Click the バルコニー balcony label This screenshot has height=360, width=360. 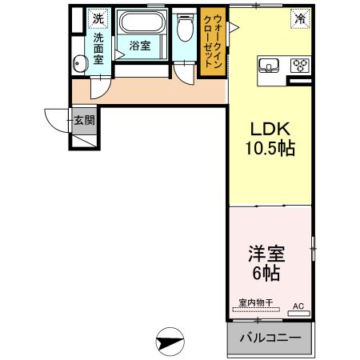270,338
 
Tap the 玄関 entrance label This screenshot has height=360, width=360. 85,121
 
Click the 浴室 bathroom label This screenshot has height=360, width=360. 140,46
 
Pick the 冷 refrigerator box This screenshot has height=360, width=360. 299,18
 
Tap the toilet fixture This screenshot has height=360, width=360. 185,30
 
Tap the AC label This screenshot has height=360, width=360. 298,306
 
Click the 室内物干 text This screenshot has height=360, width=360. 256,303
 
